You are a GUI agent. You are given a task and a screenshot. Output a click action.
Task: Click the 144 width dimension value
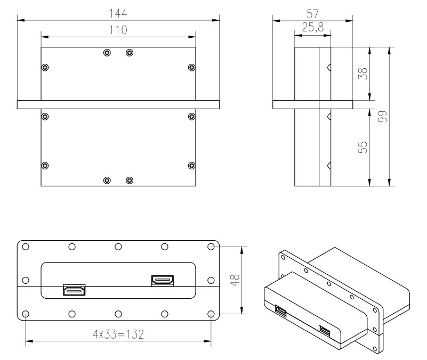pyautogui.click(x=118, y=13)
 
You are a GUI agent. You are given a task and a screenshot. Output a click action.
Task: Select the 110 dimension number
pyautogui.click(x=118, y=30)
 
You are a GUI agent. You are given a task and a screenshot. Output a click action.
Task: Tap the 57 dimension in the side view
pyautogui.click(x=312, y=14)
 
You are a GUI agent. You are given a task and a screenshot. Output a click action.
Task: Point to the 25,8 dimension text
pyautogui.click(x=312, y=28)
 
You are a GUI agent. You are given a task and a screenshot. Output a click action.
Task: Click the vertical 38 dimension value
pyautogui.click(x=362, y=73)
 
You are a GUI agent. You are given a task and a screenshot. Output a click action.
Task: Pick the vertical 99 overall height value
pyautogui.click(x=382, y=117)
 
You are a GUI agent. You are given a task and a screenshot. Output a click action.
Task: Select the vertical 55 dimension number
pyautogui.click(x=362, y=147)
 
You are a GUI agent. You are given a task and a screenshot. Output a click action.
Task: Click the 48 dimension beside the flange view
pyautogui.click(x=235, y=280)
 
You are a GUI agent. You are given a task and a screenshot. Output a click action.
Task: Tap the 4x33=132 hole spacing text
pyautogui.click(x=118, y=334)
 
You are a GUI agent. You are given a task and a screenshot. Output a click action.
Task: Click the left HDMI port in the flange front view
pyautogui.click(x=74, y=290)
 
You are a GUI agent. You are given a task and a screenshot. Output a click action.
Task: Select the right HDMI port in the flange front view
pyautogui.click(x=163, y=281)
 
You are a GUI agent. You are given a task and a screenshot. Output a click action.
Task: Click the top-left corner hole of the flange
pyautogui.click(x=26, y=247)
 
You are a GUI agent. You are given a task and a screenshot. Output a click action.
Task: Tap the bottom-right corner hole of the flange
pyautogui.click(x=211, y=314)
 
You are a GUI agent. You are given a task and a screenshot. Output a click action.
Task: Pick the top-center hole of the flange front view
pyautogui.click(x=118, y=247)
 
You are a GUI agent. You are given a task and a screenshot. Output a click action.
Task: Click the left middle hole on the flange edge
pyautogui.click(x=26, y=280)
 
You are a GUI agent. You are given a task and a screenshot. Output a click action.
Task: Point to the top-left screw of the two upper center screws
pyautogui.click(x=107, y=53)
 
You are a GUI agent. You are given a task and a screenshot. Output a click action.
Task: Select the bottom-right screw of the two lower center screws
pyautogui.click(x=130, y=180)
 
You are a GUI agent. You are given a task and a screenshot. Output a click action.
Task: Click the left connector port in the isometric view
pyautogui.click(x=281, y=312)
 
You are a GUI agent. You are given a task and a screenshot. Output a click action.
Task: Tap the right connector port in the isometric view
pyautogui.click(x=325, y=331)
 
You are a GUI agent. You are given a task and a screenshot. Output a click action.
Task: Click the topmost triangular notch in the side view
pyautogui.click(x=329, y=67)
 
